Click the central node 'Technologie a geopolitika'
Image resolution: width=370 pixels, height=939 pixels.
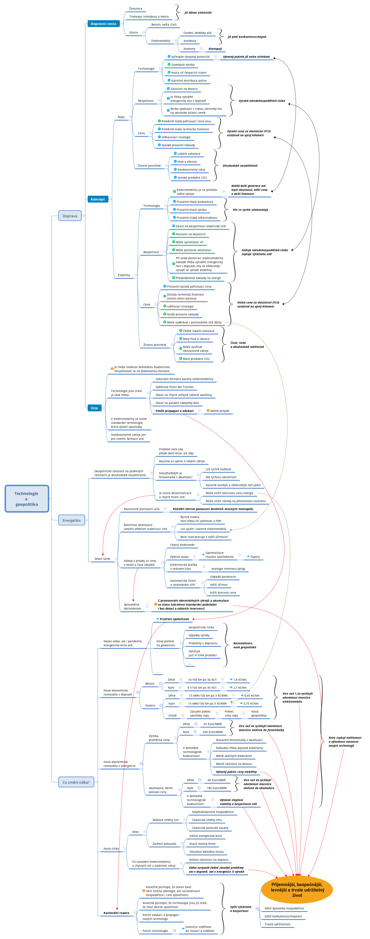pyautogui.click(x=27, y=498)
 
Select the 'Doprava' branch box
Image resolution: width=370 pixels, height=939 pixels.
pyautogui.click(x=70, y=216)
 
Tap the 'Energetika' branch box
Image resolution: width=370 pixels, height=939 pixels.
pyautogui.click(x=71, y=520)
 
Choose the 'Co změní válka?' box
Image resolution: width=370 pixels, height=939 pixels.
pyautogui.click(x=76, y=782)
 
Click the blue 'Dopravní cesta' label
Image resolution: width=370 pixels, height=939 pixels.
pyautogui.click(x=103, y=24)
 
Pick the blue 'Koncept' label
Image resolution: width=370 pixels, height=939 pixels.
pyautogui.click(x=98, y=199)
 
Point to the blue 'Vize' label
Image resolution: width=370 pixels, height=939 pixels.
pyautogui.click(x=94, y=408)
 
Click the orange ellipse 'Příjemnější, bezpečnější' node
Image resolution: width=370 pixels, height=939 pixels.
pyautogui.click(x=297, y=890)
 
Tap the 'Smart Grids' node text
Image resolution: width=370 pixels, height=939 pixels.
pyautogui.click(x=102, y=558)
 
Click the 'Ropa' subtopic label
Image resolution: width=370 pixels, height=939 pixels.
pyautogui.click(x=121, y=117)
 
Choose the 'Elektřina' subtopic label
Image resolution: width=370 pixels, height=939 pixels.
pyautogui.click(x=124, y=275)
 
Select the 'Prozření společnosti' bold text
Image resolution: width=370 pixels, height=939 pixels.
pyautogui.click(x=174, y=619)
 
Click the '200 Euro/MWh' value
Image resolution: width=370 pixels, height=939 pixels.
pyautogui.click(x=212, y=732)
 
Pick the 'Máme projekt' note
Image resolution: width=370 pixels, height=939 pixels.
pyautogui.click(x=220, y=411)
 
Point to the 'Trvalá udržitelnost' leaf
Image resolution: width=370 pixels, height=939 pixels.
pyautogui.click(x=277, y=924)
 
